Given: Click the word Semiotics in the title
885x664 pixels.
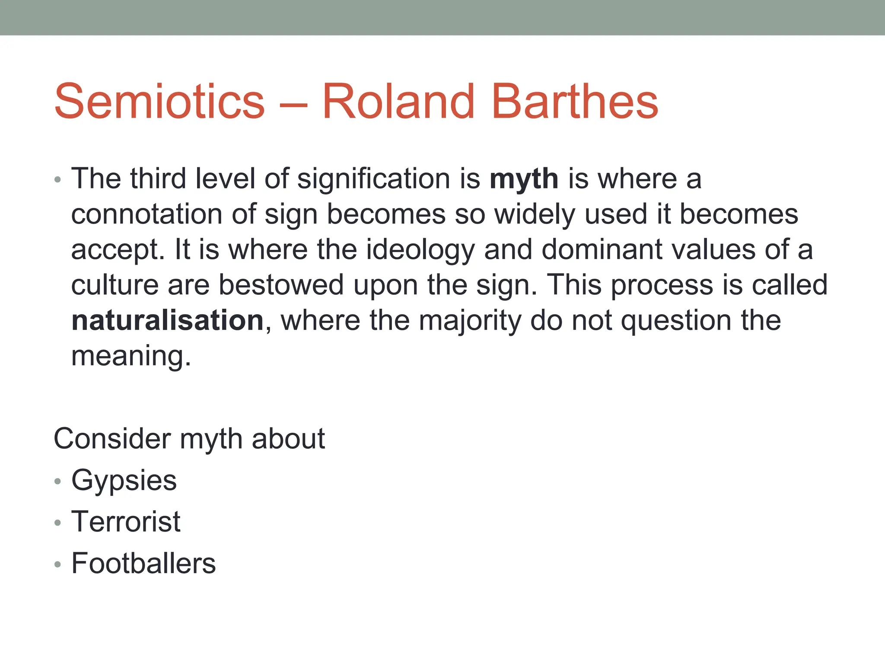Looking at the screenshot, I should click(159, 102).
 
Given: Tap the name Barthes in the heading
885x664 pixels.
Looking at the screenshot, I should click(574, 102).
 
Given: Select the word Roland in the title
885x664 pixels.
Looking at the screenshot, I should click(398, 102).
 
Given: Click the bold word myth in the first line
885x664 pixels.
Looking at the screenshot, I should click(524, 179).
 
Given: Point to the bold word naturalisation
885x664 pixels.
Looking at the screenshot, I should click(167, 320).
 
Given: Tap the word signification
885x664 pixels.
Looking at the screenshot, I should click(374, 179).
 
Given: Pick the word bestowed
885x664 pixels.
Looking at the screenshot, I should click(281, 285).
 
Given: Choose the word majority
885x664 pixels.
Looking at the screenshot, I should click(470, 321).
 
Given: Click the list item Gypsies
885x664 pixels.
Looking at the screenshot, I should click(124, 481).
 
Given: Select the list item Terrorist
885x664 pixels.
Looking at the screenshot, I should click(126, 522).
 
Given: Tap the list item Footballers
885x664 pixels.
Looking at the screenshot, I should click(143, 563).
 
